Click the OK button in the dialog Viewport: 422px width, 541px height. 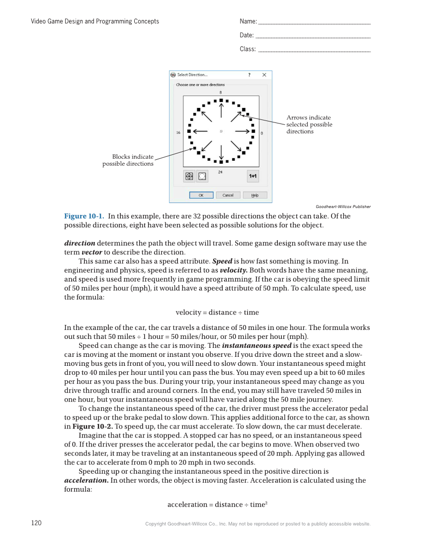pos(201,195)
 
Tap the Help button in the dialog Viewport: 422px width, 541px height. pos(255,195)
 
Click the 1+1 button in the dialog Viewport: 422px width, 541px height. pos(253,176)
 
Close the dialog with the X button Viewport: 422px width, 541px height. pos(264,75)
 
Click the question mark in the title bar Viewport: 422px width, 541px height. pos(250,75)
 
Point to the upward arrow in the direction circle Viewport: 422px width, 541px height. pos(221,111)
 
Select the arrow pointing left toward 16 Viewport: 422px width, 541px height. pos(200,131)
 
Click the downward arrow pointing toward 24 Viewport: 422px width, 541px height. pos(221,151)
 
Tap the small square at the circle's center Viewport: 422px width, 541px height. pos(221,131)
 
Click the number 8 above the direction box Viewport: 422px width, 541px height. pos(221,93)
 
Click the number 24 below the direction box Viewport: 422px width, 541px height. pos(220,172)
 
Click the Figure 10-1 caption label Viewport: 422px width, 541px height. pos(84,216)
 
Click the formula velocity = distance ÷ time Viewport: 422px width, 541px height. pos(217,313)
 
